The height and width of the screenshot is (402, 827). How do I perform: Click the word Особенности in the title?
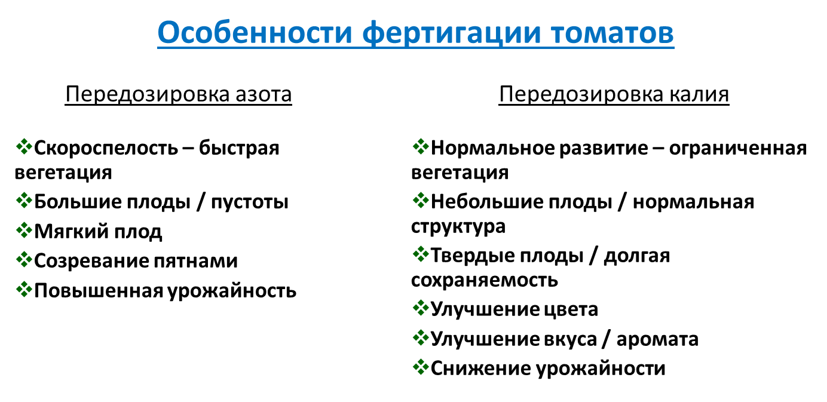[255, 32]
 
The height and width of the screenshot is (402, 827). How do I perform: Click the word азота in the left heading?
[264, 95]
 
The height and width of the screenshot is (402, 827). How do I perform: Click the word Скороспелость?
[106, 149]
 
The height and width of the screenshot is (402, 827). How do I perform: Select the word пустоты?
[250, 202]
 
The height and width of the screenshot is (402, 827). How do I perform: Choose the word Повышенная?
[99, 291]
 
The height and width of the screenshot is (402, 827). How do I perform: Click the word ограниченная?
[738, 149]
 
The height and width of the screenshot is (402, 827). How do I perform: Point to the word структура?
[458, 226]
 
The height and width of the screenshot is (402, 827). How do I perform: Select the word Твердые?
[473, 256]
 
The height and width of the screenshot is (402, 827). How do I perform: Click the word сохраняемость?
[485, 280]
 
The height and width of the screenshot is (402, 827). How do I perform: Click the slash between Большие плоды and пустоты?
[201, 202]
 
